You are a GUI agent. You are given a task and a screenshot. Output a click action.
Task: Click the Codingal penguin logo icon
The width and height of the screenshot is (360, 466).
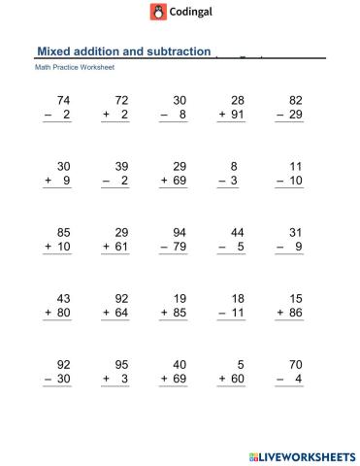158,12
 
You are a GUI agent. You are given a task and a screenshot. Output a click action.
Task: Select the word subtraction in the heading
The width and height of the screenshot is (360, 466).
176,51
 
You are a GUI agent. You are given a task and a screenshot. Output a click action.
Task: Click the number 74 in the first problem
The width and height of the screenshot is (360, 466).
64,101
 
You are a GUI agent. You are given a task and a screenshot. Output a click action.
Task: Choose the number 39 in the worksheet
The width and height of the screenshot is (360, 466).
121,166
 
